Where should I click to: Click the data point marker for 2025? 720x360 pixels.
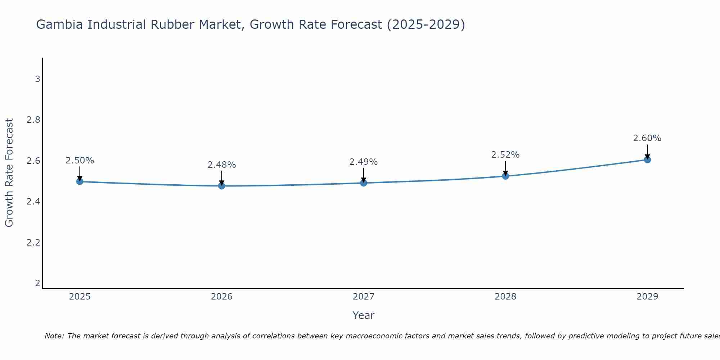tap(80, 181)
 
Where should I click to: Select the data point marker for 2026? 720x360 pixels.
tap(222, 186)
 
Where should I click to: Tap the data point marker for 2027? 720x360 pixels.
tap(364, 183)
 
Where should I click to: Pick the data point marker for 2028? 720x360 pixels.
tap(505, 176)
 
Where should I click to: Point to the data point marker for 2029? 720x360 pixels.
tap(647, 159)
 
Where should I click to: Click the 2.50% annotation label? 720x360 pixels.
tap(80, 161)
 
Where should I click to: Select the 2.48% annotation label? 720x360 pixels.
tap(222, 165)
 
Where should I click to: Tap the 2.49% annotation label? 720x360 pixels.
tap(364, 162)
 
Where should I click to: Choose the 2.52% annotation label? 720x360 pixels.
tap(505, 155)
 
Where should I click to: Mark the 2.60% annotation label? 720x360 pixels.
tap(647, 138)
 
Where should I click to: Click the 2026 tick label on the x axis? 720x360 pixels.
tap(222, 297)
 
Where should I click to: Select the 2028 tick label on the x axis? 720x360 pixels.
tap(505, 297)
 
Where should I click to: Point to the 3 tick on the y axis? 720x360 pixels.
tap(37, 79)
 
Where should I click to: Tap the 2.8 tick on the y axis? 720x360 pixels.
tap(33, 120)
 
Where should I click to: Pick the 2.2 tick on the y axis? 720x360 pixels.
tap(33, 243)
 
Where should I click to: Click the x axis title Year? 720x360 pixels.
tap(364, 315)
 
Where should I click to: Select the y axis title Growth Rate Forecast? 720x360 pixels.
tap(9, 173)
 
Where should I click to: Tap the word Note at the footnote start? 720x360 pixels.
tap(54, 336)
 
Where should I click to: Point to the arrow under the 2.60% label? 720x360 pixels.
tap(647, 151)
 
